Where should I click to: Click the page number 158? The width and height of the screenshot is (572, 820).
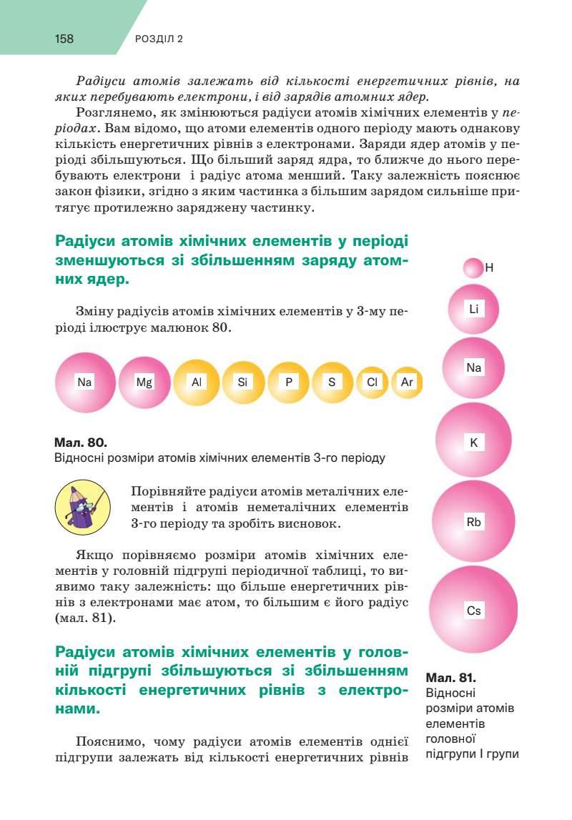point(64,39)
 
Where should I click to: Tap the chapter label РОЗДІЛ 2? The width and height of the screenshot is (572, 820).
point(159,39)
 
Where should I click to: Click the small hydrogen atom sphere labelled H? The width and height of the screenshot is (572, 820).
point(473,268)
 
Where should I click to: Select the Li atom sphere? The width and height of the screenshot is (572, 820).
point(473,310)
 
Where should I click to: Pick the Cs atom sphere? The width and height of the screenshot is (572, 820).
point(473,611)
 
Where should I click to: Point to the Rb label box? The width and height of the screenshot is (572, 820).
point(473,522)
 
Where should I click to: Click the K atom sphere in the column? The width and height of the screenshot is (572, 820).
point(473,443)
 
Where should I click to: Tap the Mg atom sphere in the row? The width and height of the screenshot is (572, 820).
point(145,382)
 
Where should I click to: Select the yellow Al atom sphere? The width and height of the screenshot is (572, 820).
point(197,382)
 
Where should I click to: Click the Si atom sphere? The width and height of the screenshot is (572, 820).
point(243,382)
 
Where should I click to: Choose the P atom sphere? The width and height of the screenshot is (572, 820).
point(289,382)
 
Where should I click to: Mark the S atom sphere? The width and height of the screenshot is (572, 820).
point(332,382)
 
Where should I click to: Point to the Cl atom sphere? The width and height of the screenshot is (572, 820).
point(372,382)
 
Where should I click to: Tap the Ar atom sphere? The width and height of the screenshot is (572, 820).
point(408,382)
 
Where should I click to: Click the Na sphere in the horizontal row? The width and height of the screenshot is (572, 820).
point(85,382)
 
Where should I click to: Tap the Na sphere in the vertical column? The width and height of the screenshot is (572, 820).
point(473,368)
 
